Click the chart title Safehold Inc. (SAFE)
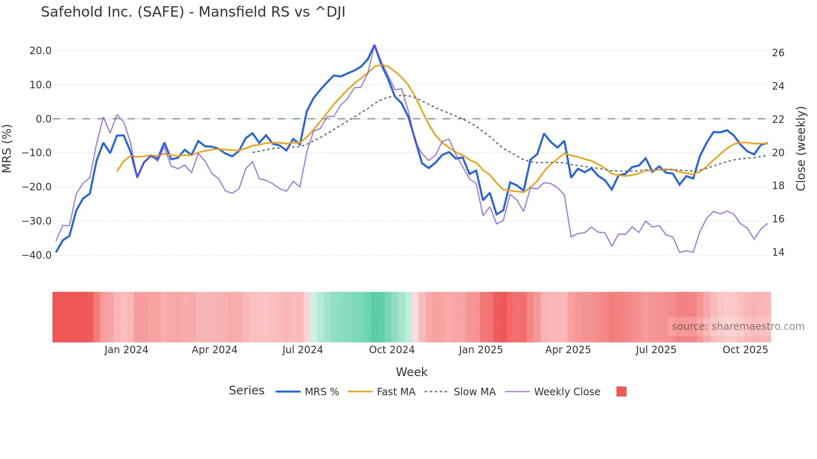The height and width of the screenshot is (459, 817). click(x=193, y=12)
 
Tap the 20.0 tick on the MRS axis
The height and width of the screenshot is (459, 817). click(x=40, y=51)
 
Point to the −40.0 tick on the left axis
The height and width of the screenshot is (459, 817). click(x=37, y=255)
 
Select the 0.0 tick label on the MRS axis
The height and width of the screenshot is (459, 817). click(x=43, y=119)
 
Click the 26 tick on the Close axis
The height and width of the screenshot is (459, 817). click(x=778, y=53)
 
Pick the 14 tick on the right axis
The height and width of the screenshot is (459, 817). click(x=778, y=252)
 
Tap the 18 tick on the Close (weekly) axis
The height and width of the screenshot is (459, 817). click(x=778, y=186)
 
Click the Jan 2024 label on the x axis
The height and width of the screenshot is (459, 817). click(x=126, y=350)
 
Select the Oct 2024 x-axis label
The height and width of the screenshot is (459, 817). click(x=392, y=350)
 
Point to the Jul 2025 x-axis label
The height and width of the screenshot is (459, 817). click(x=656, y=350)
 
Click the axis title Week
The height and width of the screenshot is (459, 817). click(x=411, y=372)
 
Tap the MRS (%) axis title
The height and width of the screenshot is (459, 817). click(x=7, y=148)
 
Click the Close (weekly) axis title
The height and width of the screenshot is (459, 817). click(x=801, y=149)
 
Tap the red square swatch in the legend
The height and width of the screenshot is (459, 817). click(x=621, y=392)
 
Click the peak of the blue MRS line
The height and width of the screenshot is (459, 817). click(x=374, y=45)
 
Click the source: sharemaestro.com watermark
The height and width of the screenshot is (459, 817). click(x=738, y=327)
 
